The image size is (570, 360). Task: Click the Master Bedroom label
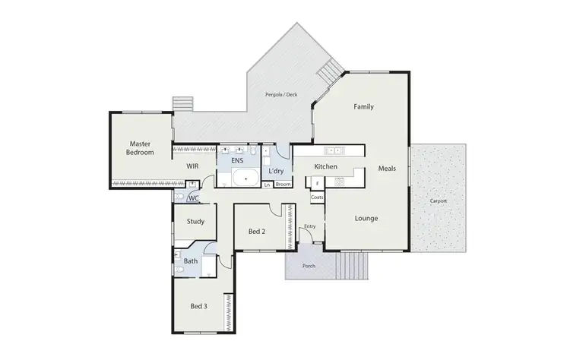pos(140,148)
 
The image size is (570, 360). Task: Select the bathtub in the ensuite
pos(245,179)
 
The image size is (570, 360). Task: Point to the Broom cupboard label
pos(282,185)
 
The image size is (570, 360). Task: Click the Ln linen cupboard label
pos(267,185)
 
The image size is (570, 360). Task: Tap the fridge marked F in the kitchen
pos(317,182)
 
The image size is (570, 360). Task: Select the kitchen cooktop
pos(340,182)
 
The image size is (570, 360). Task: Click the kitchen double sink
pos(334,149)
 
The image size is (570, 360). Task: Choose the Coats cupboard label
pos(317,197)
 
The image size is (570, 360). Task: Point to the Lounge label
pos(366,219)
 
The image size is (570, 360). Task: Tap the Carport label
pos(438,201)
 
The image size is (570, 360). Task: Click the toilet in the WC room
pos(179,197)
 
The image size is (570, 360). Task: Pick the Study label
pos(196,222)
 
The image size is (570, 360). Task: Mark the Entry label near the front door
pos(309,226)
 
